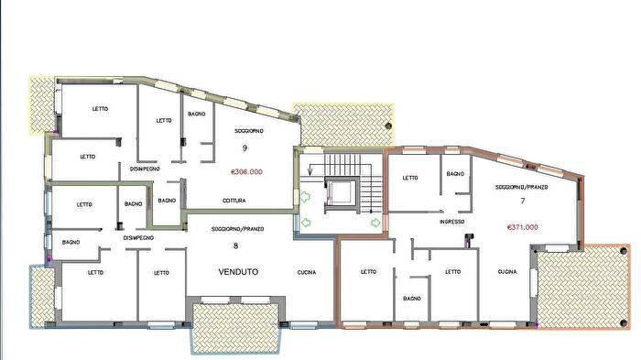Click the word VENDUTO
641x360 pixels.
(x=238, y=272)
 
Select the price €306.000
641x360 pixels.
(x=247, y=172)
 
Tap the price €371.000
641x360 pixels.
(x=523, y=227)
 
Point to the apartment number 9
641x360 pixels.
(x=244, y=147)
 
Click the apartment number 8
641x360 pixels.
(x=235, y=245)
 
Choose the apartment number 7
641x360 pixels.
(x=523, y=201)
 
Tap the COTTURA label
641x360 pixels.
(x=234, y=201)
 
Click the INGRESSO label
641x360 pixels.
(x=451, y=222)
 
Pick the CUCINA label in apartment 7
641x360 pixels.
(x=507, y=272)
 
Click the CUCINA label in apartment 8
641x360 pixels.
(x=306, y=272)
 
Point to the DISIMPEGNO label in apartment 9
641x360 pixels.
(x=145, y=169)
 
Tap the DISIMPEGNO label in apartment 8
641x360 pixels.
(x=138, y=237)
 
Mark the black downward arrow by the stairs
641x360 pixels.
(x=310, y=169)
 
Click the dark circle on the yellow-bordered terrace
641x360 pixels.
(x=388, y=125)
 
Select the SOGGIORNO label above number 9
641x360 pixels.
(x=248, y=131)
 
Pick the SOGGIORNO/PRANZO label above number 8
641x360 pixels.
(x=237, y=229)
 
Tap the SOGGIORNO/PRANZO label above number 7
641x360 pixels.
(x=522, y=187)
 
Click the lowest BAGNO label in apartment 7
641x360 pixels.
(x=412, y=299)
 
